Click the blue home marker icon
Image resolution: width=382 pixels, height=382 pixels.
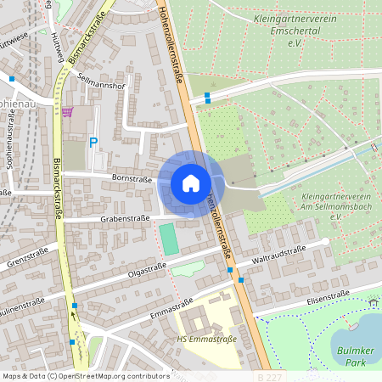[191, 183]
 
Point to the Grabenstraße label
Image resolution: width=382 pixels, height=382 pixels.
[126, 218]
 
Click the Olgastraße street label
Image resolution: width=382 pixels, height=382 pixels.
[147, 268]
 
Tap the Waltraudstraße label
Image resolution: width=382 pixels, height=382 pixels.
[279, 253]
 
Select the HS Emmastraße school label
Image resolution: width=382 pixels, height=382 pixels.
[207, 340]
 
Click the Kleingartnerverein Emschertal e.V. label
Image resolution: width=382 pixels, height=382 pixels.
[295, 29]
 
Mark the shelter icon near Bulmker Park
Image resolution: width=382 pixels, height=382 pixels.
[374, 301]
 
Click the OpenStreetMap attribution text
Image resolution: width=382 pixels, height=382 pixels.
[85, 375]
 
